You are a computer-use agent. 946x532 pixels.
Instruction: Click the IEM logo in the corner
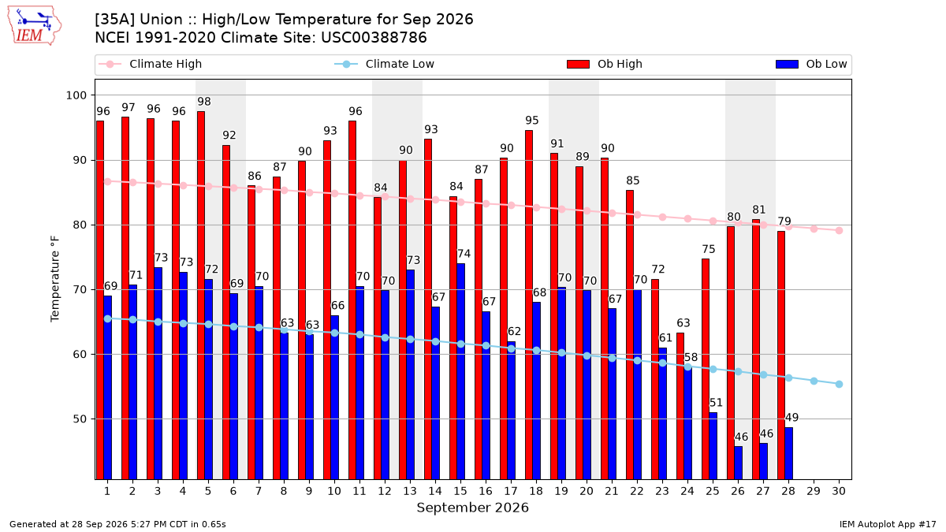click(35, 26)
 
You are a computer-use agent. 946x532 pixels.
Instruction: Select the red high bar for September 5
click(201, 295)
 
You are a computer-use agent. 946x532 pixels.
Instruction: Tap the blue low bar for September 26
click(738, 463)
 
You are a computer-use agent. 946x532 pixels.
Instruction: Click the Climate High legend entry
click(150, 64)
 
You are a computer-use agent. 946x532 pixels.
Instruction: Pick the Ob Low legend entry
click(811, 64)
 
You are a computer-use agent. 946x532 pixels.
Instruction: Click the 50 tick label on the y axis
click(80, 419)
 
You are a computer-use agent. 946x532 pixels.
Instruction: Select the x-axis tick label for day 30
click(839, 491)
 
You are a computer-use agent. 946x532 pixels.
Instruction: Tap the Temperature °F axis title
click(55, 280)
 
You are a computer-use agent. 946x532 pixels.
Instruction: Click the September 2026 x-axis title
click(472, 508)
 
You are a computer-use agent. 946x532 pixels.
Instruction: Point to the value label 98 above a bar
click(204, 102)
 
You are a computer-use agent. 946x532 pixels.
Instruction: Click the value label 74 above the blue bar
click(464, 254)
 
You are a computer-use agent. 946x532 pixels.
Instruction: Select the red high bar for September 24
click(680, 406)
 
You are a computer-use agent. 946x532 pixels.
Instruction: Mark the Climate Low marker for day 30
click(839, 385)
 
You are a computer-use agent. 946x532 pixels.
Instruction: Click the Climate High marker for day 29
click(814, 229)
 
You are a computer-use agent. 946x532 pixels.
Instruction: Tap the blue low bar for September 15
click(460, 371)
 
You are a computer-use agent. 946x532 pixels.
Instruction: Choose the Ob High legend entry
click(605, 64)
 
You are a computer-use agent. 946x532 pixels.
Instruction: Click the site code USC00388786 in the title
click(374, 38)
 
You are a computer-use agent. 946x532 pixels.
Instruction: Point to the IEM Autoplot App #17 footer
click(888, 524)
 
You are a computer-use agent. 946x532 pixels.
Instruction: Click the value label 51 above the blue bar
click(716, 403)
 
